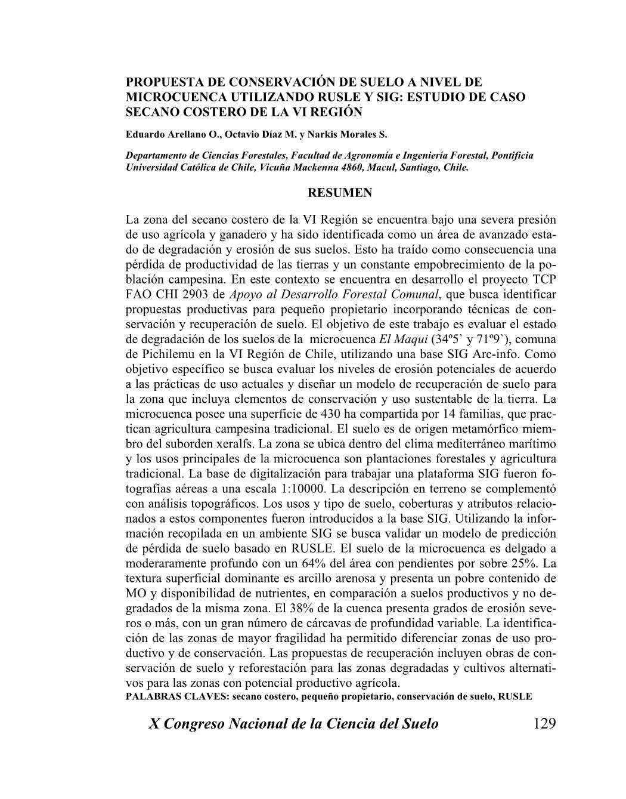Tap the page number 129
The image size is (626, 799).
pos(544,724)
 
